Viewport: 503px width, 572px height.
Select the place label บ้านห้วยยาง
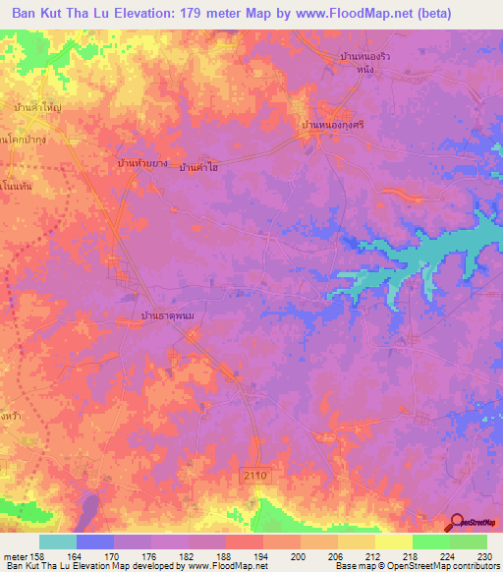click(x=141, y=162)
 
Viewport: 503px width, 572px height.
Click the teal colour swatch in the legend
click(x=57, y=542)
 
